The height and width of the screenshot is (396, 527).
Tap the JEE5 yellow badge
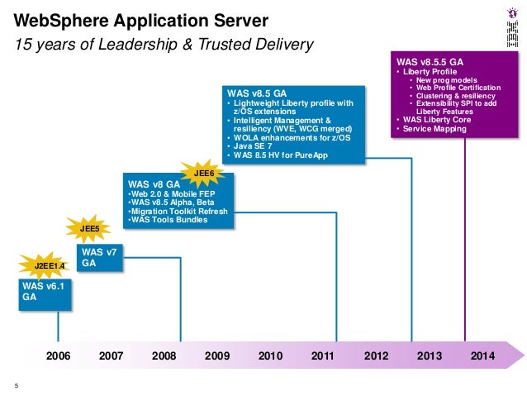(89, 228)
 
